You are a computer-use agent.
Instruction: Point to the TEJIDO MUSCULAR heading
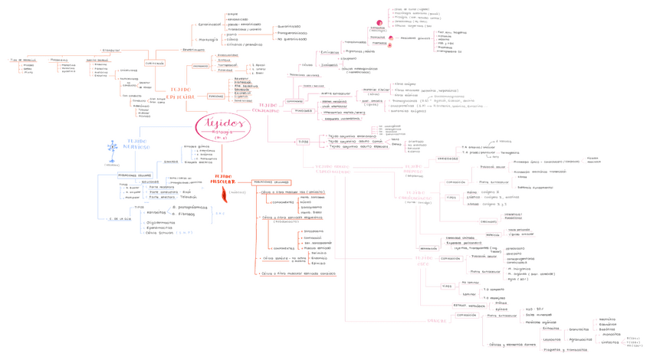[225, 179]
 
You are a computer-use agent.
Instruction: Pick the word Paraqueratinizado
[292, 33]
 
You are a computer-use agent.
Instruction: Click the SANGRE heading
[437, 321]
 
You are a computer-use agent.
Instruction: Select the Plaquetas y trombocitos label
[565, 349]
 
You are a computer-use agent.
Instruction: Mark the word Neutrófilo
[608, 319]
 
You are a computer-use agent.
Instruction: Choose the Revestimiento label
[193, 50]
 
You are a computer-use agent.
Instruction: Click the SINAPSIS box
[171, 162]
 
